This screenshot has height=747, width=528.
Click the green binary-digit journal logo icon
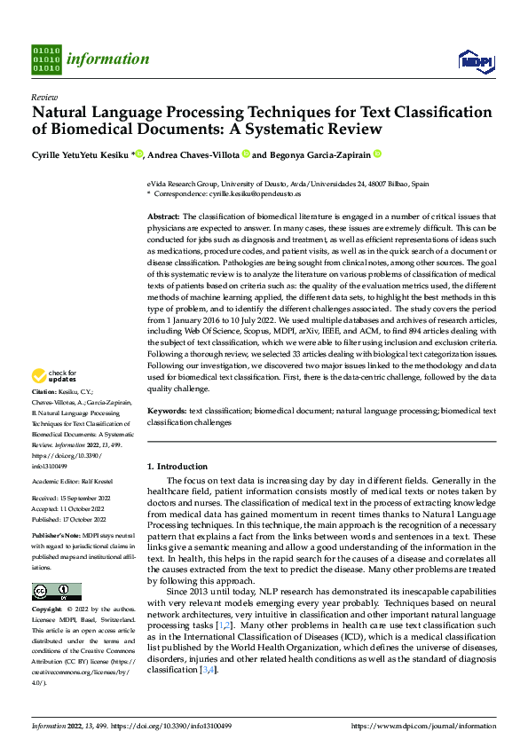point(46,59)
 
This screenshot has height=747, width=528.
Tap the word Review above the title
point(44,97)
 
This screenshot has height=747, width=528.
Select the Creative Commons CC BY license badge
point(56,592)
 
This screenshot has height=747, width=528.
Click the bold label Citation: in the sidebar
point(46,416)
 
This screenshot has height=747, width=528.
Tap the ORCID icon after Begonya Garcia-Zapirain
point(377,154)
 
